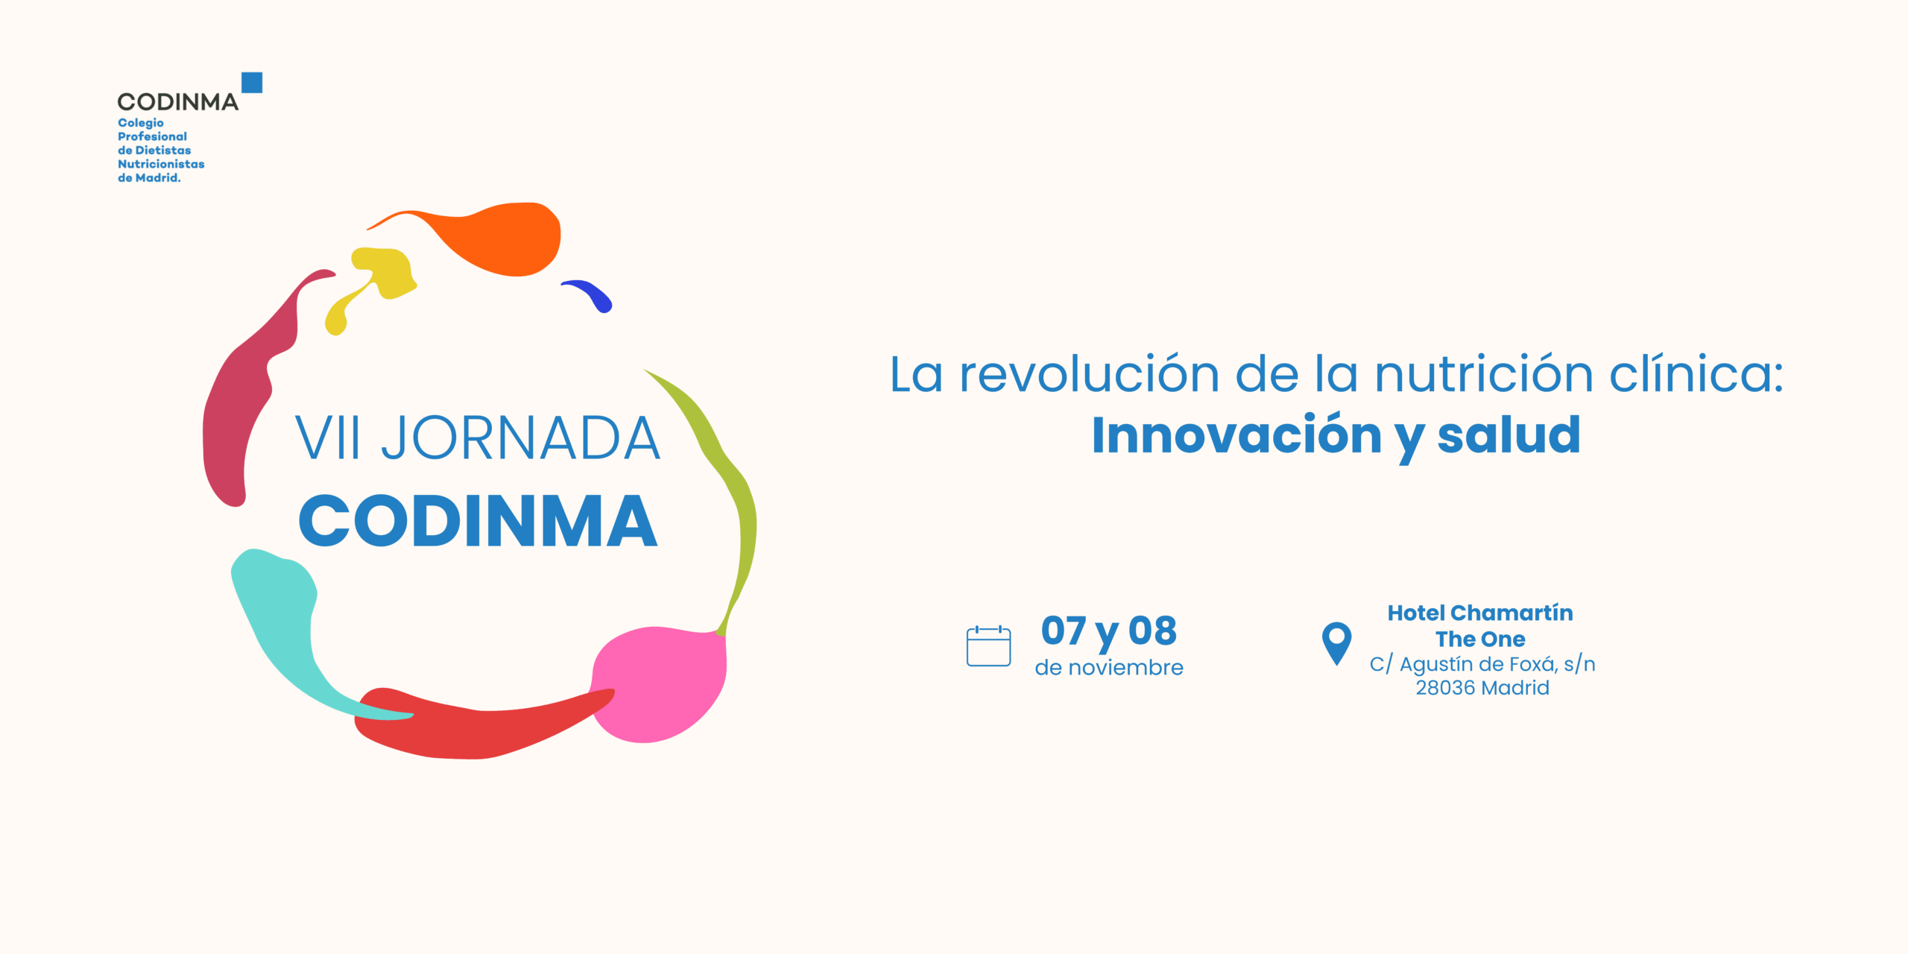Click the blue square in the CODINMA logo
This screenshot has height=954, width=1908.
[x=252, y=82]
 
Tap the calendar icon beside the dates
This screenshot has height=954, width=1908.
[x=988, y=645]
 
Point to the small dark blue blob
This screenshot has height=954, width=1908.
[x=590, y=294]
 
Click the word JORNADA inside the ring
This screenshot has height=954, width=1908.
[x=520, y=438]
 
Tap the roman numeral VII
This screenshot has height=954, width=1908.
[x=328, y=438]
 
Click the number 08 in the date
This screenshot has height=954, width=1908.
[x=1152, y=631]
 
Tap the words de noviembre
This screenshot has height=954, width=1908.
[x=1109, y=668]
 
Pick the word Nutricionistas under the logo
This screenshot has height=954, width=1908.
[x=161, y=164]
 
